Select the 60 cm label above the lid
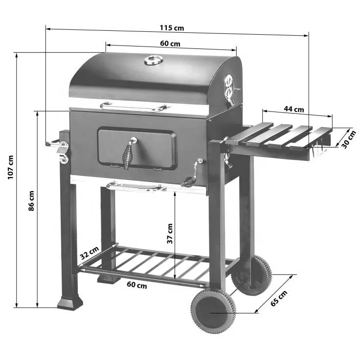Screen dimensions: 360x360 [x=170, y=44]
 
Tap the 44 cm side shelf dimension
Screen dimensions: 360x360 [x=294, y=109]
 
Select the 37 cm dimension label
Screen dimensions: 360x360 [x=169, y=234]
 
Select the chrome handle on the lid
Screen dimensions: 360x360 [x=134, y=106]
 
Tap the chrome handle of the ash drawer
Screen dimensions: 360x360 [x=134, y=186]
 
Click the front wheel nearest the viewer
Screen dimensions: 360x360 [x=212, y=311]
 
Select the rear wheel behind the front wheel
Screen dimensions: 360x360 [x=251, y=274]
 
